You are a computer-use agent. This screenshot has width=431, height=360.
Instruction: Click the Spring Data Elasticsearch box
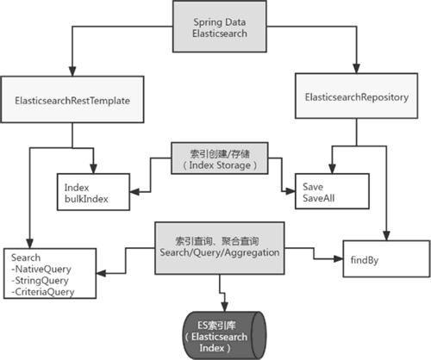(220, 27)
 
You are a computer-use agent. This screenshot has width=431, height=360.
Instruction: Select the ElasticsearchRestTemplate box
(72, 99)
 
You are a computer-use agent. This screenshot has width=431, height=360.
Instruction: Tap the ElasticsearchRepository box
(357, 96)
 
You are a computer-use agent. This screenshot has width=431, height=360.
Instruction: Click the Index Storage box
(220, 158)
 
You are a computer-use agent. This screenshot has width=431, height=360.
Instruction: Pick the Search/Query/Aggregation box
(220, 248)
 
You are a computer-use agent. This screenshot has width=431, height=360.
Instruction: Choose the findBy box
(386, 259)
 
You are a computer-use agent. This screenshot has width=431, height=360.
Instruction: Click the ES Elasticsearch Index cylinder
(224, 336)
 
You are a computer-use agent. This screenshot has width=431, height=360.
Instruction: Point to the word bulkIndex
(86, 199)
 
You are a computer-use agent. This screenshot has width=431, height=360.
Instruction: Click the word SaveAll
(319, 198)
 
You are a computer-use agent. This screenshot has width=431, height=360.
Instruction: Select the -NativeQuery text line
(41, 270)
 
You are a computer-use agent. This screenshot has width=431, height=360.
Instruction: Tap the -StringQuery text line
(40, 281)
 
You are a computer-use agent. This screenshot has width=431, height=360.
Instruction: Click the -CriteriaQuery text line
(43, 292)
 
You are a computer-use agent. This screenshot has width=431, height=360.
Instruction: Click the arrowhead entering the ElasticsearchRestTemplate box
(72, 71)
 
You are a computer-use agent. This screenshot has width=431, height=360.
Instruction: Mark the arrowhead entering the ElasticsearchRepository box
(357, 69)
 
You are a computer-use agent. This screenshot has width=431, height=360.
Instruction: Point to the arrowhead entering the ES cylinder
(224, 307)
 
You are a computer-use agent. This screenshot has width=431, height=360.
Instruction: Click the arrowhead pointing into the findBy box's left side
(339, 259)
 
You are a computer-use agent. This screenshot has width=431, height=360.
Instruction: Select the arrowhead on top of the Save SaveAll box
(332, 169)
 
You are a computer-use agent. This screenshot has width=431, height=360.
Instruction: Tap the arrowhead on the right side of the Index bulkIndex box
(134, 192)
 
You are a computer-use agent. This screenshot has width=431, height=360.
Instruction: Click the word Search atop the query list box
(26, 258)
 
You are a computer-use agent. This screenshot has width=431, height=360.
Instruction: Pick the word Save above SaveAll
(313, 187)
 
